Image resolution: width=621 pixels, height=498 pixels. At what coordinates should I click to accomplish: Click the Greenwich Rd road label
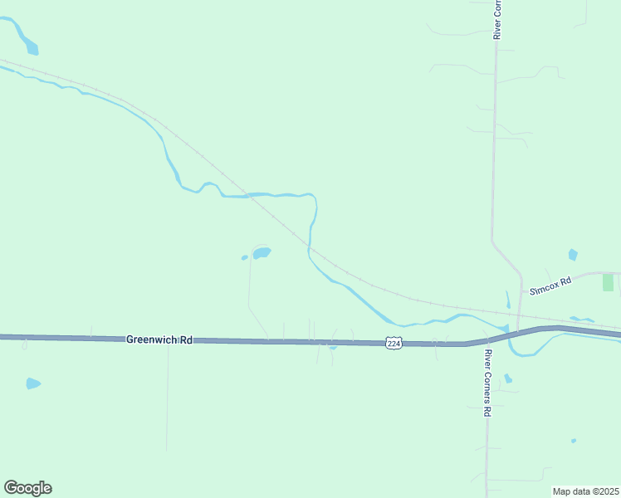(159, 339)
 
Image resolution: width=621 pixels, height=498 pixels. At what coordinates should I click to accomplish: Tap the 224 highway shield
(394, 343)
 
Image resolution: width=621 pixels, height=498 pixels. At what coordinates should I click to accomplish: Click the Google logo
(27, 488)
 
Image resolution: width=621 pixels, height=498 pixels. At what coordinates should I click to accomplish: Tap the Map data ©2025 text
(585, 491)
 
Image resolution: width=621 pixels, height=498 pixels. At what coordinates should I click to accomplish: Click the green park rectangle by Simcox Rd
(608, 281)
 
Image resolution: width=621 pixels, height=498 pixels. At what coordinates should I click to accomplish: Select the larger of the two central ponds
(262, 252)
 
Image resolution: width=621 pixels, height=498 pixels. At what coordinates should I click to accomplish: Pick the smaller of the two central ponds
(244, 257)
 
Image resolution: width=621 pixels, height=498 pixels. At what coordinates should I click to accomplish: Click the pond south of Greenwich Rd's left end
(33, 383)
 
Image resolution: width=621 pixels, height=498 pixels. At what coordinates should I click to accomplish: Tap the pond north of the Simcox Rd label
(572, 255)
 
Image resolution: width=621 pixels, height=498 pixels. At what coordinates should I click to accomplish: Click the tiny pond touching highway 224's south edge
(332, 348)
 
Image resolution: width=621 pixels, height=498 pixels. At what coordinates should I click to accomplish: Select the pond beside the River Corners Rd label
(507, 378)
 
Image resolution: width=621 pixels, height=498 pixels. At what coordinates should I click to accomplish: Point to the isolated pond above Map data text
(573, 441)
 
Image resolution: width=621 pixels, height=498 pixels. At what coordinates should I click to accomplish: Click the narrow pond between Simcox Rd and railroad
(508, 299)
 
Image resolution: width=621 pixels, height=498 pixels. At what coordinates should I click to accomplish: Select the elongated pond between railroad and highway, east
(581, 320)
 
